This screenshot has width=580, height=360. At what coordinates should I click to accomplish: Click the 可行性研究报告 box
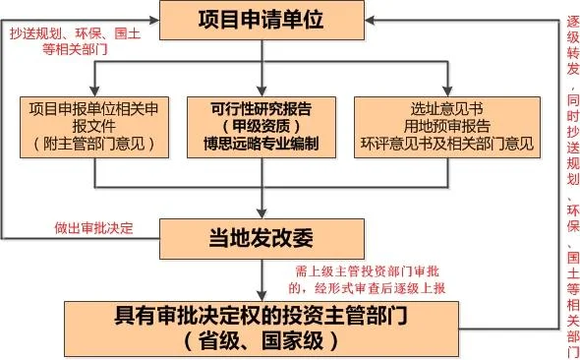pyautogui.click(x=260, y=124)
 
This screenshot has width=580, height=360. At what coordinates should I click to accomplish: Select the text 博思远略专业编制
pyautogui.click(x=260, y=143)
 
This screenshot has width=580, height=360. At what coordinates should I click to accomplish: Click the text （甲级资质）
pyautogui.click(x=260, y=124)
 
